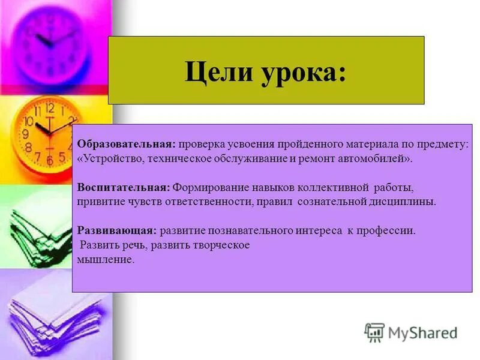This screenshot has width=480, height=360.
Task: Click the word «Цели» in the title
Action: tap(215, 73)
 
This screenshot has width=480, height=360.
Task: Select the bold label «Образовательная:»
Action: tap(126, 145)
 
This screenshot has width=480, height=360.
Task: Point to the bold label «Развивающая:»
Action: tap(117, 230)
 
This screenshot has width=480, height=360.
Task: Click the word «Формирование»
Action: tap(205, 187)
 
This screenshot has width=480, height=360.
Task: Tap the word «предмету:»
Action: tap(445, 145)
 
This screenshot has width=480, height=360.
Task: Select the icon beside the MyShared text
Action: tap(374, 332)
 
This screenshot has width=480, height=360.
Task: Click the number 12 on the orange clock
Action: tap(50, 109)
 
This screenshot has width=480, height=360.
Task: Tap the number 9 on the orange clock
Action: tap(26, 133)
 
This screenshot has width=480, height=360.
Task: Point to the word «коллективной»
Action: tap(326, 187)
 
